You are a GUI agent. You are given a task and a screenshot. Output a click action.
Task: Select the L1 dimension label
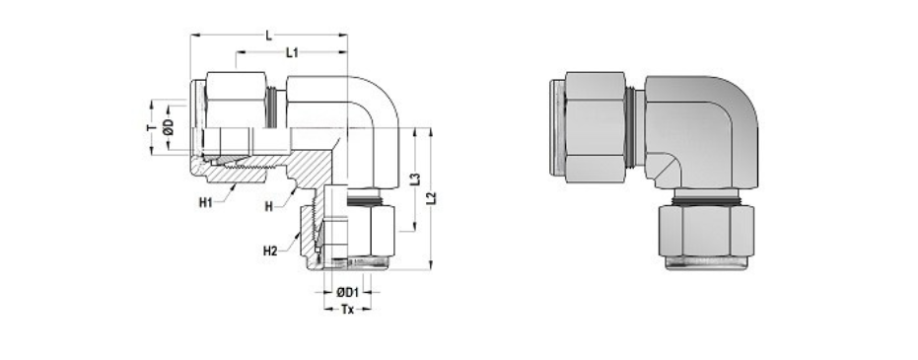click(292, 52)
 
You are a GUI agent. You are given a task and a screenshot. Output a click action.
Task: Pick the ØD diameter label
click(169, 127)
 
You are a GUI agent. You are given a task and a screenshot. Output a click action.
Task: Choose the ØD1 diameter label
click(346, 293)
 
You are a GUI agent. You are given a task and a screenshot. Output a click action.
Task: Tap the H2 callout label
click(269, 251)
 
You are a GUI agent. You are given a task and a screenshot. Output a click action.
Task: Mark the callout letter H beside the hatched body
click(268, 206)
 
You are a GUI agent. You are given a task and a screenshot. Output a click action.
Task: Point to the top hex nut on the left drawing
click(236, 99)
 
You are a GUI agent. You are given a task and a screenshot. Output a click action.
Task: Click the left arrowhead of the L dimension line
click(194, 36)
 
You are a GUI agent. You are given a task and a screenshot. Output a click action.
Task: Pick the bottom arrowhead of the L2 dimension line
click(431, 265)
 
